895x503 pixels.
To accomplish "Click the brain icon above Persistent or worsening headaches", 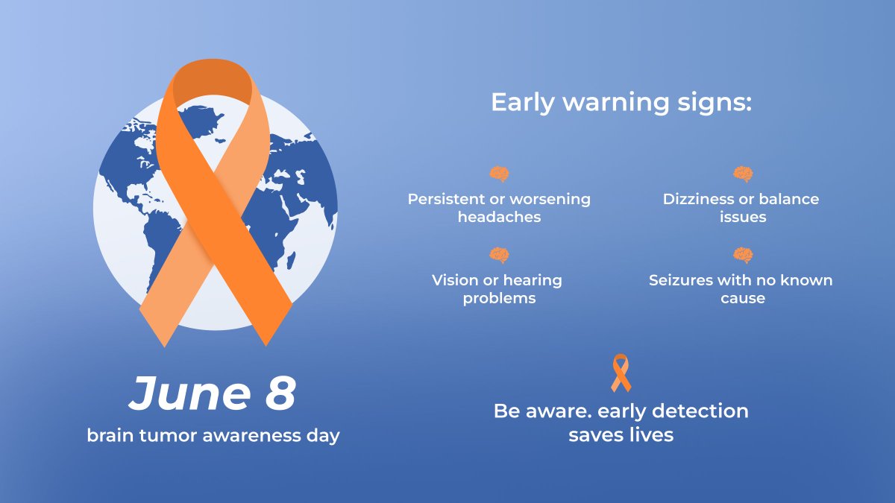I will click(x=499, y=175).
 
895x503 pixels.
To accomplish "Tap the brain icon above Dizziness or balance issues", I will click(x=743, y=175).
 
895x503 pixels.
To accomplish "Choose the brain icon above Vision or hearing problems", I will click(x=499, y=256).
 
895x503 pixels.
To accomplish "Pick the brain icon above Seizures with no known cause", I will click(x=743, y=256).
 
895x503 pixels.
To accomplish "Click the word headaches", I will click(x=499, y=218).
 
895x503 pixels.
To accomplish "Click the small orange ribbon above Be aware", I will click(x=621, y=373).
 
